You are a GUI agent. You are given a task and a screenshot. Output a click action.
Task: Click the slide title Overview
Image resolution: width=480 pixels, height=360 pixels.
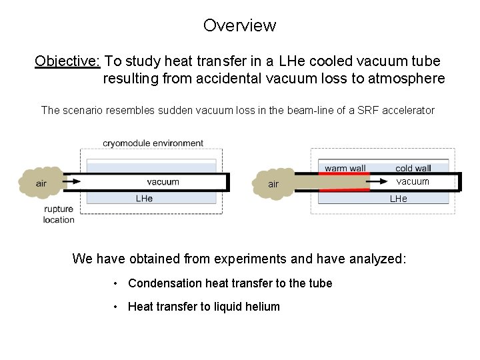click(x=239, y=25)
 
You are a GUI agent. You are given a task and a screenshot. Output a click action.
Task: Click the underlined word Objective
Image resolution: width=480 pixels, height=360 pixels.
click(x=67, y=61)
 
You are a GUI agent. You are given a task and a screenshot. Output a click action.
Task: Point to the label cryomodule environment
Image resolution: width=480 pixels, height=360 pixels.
click(x=153, y=143)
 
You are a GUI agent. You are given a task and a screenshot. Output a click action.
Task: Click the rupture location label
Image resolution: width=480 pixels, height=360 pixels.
click(x=59, y=215)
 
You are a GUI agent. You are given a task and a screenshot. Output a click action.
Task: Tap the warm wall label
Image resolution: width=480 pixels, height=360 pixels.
click(x=345, y=168)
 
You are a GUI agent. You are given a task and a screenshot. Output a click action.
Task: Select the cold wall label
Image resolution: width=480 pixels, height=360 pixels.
click(x=413, y=168)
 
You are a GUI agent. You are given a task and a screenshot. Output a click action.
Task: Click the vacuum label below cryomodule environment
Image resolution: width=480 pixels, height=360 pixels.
click(x=163, y=181)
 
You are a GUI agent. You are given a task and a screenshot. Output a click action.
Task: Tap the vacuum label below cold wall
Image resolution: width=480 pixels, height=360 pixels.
click(x=413, y=181)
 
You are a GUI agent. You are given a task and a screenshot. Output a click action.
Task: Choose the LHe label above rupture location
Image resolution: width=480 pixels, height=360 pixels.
click(x=144, y=198)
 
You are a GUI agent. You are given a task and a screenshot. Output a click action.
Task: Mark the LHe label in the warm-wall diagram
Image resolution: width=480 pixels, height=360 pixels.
click(x=398, y=198)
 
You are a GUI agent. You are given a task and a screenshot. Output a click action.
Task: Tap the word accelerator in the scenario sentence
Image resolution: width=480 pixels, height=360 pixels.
click(x=409, y=110)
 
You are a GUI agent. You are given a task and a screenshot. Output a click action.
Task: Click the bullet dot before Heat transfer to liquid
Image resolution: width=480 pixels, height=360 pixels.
click(x=116, y=307)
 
